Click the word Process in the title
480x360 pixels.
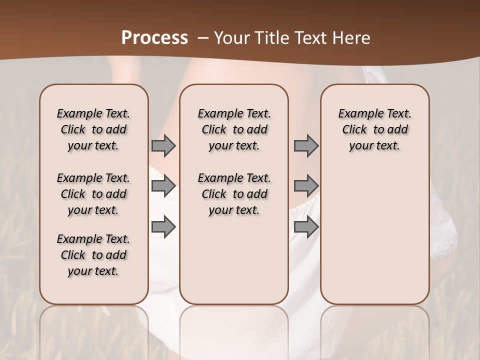[154, 38]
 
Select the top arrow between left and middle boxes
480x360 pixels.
[163, 146]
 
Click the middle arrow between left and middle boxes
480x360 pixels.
[163, 186]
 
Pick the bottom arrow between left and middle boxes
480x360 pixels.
[163, 226]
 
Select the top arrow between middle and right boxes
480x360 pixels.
[306, 146]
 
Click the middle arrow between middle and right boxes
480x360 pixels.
[306, 186]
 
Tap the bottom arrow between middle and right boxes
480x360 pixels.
[306, 226]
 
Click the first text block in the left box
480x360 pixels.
[93, 129]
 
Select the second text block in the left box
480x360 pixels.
[93, 194]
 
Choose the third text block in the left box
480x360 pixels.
[93, 255]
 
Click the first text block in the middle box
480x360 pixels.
[234, 129]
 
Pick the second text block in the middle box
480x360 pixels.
[234, 194]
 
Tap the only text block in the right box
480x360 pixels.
[374, 129]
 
